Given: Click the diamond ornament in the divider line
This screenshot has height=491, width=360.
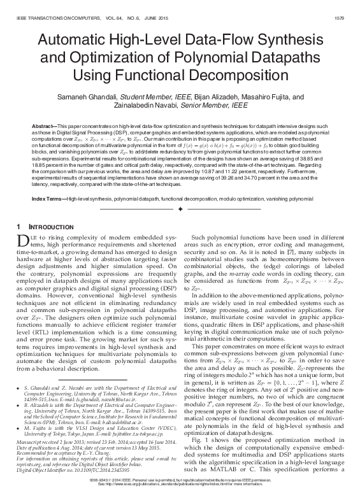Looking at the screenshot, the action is [x=180, y=210].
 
